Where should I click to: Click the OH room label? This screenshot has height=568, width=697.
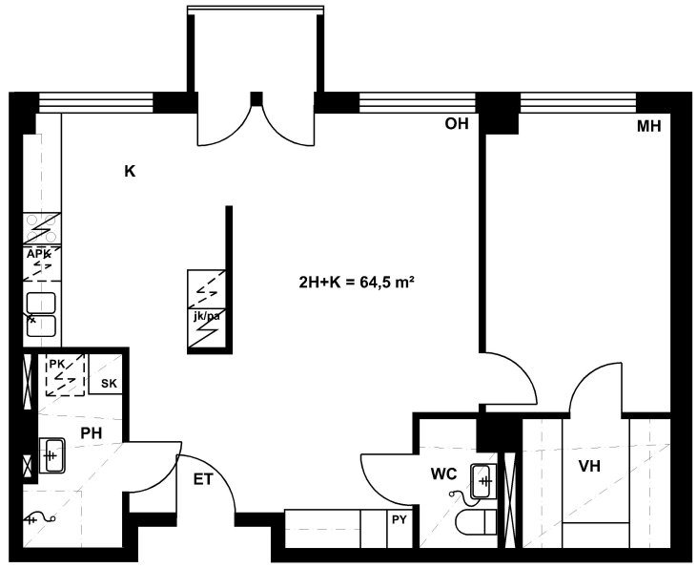(457, 123)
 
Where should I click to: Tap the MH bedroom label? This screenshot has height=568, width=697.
(649, 126)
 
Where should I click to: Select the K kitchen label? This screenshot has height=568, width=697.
(130, 171)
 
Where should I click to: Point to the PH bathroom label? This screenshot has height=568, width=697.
(92, 432)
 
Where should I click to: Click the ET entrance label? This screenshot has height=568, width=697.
(203, 479)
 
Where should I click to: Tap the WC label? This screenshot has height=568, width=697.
(443, 474)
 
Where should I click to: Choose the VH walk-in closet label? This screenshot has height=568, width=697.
(589, 466)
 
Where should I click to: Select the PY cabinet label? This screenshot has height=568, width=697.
(400, 519)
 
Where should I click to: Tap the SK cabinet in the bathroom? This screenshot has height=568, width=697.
(106, 374)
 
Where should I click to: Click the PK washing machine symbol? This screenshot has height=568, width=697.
(66, 375)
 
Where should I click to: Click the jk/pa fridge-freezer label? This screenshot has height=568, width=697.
(206, 317)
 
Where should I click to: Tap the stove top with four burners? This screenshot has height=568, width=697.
(42, 228)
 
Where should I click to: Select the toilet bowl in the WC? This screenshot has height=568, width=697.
(476, 522)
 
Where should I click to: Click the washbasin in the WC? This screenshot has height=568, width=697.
(483, 481)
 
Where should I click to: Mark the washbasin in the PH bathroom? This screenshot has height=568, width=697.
(52, 455)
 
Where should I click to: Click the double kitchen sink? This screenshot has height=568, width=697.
(41, 314)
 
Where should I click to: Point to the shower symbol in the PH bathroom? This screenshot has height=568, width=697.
(40, 519)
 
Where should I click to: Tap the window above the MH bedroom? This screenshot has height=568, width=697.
(578, 103)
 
